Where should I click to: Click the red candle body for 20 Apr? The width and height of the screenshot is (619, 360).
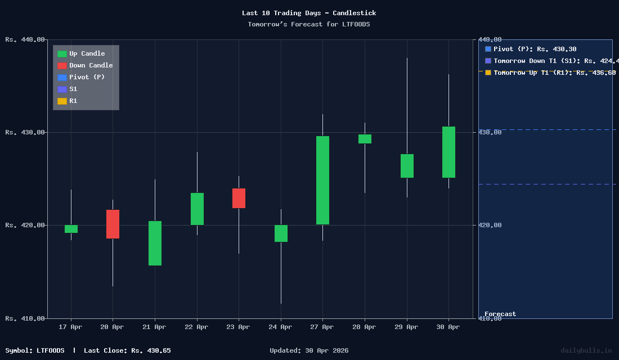pyautogui.click(x=113, y=224)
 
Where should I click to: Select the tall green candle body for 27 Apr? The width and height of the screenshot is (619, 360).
pyautogui.click(x=322, y=180)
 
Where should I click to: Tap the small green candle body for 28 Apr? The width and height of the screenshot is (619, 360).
pyautogui.click(x=365, y=139)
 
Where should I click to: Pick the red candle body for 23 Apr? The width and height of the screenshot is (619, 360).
pyautogui.click(x=239, y=198)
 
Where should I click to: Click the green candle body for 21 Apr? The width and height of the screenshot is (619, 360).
pyautogui.click(x=155, y=243)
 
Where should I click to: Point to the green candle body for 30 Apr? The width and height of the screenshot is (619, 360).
pyautogui.click(x=448, y=152)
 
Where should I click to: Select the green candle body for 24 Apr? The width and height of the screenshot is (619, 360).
pyautogui.click(x=281, y=233)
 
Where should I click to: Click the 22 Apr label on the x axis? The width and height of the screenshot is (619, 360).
pyautogui.click(x=196, y=327)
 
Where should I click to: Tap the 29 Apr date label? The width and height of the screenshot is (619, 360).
pyautogui.click(x=406, y=327)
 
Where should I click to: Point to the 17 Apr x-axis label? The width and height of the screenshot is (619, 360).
pyautogui.click(x=70, y=327)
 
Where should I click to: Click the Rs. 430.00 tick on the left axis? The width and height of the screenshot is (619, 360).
pyautogui.click(x=25, y=132)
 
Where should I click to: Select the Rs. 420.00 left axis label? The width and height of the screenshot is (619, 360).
pyautogui.click(x=25, y=225)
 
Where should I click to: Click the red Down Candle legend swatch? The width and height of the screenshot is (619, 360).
pyautogui.click(x=62, y=66)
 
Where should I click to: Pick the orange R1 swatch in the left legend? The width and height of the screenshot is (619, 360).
pyautogui.click(x=62, y=101)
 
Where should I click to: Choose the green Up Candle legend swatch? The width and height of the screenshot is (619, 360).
pyautogui.click(x=62, y=54)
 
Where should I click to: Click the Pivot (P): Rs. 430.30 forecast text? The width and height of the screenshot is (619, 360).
pyautogui.click(x=535, y=49)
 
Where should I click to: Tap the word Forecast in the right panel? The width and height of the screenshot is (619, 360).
pyautogui.click(x=500, y=314)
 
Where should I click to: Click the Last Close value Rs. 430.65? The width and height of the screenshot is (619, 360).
pyautogui.click(x=151, y=350)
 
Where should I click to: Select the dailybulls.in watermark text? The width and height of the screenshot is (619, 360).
pyautogui.click(x=586, y=350)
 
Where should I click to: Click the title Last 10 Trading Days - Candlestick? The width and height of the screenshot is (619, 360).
pyautogui.click(x=309, y=13)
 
